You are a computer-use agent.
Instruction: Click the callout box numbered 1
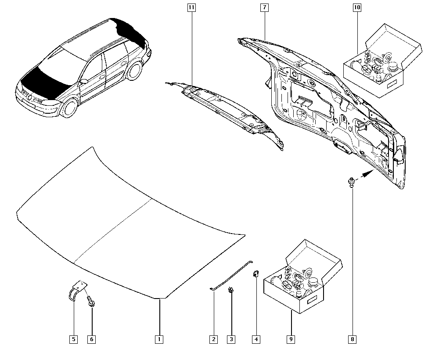click(x=159, y=339)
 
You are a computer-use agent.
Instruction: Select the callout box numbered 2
click(x=213, y=339)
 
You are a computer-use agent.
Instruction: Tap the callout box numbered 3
click(x=231, y=339)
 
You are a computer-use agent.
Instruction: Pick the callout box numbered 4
click(x=256, y=339)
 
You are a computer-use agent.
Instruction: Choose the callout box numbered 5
click(x=74, y=339)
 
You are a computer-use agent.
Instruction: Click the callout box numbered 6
click(x=92, y=339)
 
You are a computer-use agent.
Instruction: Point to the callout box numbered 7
click(x=264, y=7)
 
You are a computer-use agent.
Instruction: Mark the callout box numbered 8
click(x=353, y=339)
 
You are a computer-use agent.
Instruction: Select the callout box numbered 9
click(x=291, y=339)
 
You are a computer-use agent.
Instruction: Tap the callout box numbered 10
click(x=356, y=7)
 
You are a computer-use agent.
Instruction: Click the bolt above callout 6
click(x=91, y=301)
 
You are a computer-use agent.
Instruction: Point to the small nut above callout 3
click(x=230, y=290)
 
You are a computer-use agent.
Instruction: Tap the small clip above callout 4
click(x=255, y=275)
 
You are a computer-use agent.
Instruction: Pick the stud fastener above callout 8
click(x=351, y=181)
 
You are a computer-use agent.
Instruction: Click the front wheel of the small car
click(x=69, y=107)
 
